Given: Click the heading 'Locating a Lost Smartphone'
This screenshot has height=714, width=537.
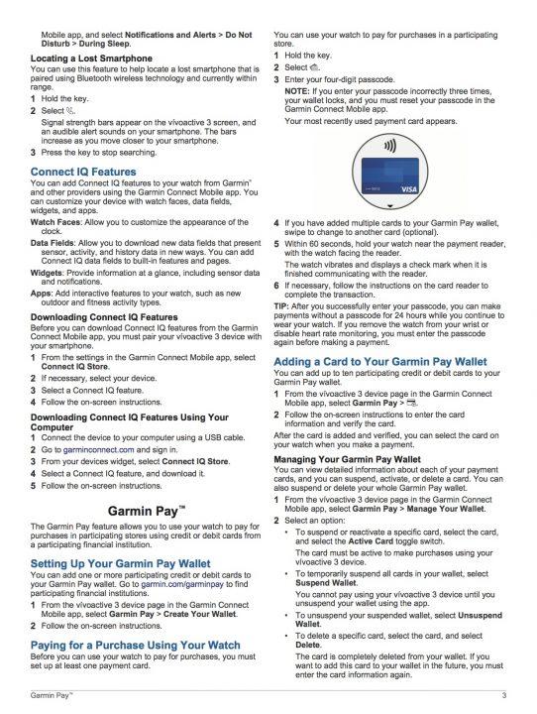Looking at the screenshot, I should coord(91,60).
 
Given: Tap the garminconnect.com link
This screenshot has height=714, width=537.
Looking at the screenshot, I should coord(98,449).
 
